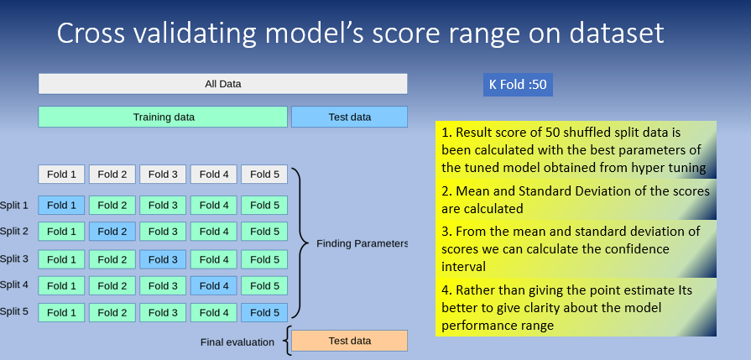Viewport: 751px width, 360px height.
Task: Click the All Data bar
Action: (222, 84)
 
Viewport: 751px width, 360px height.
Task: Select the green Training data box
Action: (163, 117)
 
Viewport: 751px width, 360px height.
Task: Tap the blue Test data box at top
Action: (349, 117)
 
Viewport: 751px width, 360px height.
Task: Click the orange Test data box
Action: (349, 341)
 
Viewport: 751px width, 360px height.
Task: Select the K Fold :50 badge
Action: (518, 85)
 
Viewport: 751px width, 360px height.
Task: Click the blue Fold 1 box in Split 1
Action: (61, 205)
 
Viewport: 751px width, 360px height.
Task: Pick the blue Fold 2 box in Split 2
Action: (112, 232)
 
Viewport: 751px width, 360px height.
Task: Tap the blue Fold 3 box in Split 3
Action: (163, 258)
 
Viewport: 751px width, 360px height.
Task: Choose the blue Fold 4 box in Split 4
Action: (214, 285)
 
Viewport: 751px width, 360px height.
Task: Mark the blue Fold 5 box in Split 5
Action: (264, 313)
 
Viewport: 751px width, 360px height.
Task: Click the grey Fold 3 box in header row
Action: (163, 175)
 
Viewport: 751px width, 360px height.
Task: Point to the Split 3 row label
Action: (13, 258)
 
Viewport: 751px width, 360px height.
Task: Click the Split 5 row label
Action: (13, 311)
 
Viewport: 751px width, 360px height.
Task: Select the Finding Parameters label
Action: (362, 243)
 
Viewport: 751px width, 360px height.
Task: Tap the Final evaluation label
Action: (237, 342)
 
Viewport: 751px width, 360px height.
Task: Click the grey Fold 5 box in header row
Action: (264, 175)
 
